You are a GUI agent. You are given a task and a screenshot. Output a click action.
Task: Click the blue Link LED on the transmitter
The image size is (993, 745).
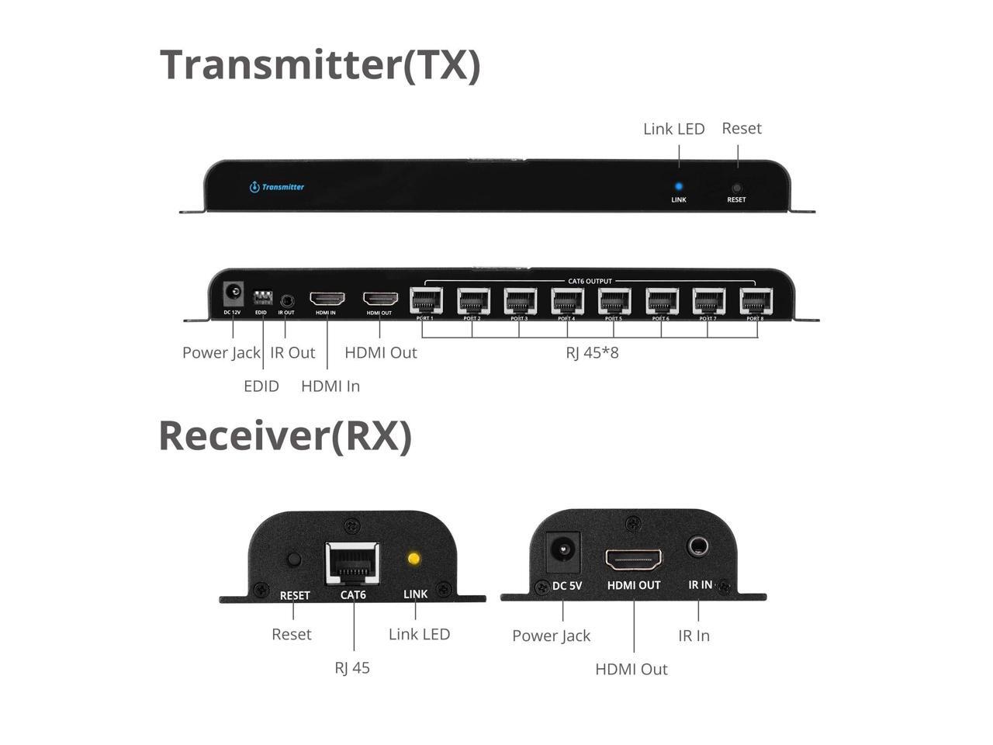pyautogui.click(x=679, y=186)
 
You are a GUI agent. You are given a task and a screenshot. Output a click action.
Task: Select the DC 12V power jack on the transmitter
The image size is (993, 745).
pyautogui.click(x=233, y=294)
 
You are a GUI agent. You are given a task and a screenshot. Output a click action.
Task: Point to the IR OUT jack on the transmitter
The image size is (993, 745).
pyautogui.click(x=287, y=300)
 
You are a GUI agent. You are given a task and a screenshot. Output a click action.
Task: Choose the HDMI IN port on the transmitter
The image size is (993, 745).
pyautogui.click(x=327, y=299)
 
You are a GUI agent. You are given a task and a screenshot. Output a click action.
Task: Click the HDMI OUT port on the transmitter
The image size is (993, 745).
pyautogui.click(x=380, y=299)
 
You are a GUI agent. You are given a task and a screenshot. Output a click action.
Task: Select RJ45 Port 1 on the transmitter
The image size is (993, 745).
pyautogui.click(x=426, y=300)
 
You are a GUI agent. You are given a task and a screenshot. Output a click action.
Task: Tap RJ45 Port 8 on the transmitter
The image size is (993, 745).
pyautogui.click(x=756, y=300)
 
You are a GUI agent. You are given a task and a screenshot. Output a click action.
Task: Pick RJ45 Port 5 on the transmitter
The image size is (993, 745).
pyautogui.click(x=614, y=300)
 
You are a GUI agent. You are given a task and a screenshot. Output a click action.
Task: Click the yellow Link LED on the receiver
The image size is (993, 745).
pyautogui.click(x=414, y=558)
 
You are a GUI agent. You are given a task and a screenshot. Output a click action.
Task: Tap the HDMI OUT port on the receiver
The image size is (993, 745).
pyautogui.click(x=634, y=559)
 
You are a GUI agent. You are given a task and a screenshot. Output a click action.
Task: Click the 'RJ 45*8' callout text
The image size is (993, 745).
pyautogui.click(x=592, y=353)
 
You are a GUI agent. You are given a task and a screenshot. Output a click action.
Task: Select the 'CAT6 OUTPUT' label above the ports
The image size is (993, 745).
pyautogui.click(x=590, y=281)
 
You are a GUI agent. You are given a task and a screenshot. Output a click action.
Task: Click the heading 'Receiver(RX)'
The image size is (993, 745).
pyautogui.click(x=285, y=435)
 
